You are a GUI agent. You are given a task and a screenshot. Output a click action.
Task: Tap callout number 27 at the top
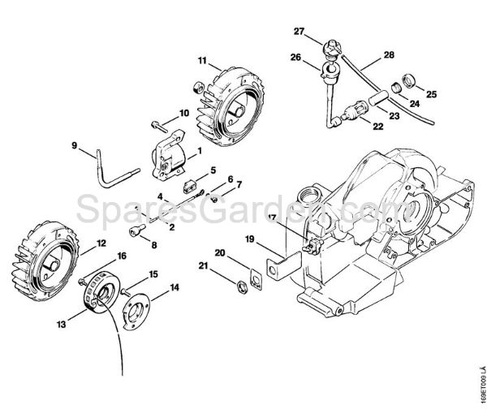(x=299, y=32)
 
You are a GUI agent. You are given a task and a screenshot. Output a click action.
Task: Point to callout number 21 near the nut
(x=203, y=266)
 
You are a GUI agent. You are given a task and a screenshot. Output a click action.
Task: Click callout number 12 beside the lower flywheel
(x=101, y=243)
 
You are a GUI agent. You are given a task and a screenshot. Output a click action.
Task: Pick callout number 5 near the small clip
(x=213, y=170)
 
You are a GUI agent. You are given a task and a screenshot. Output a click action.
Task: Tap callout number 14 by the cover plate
(x=175, y=288)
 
